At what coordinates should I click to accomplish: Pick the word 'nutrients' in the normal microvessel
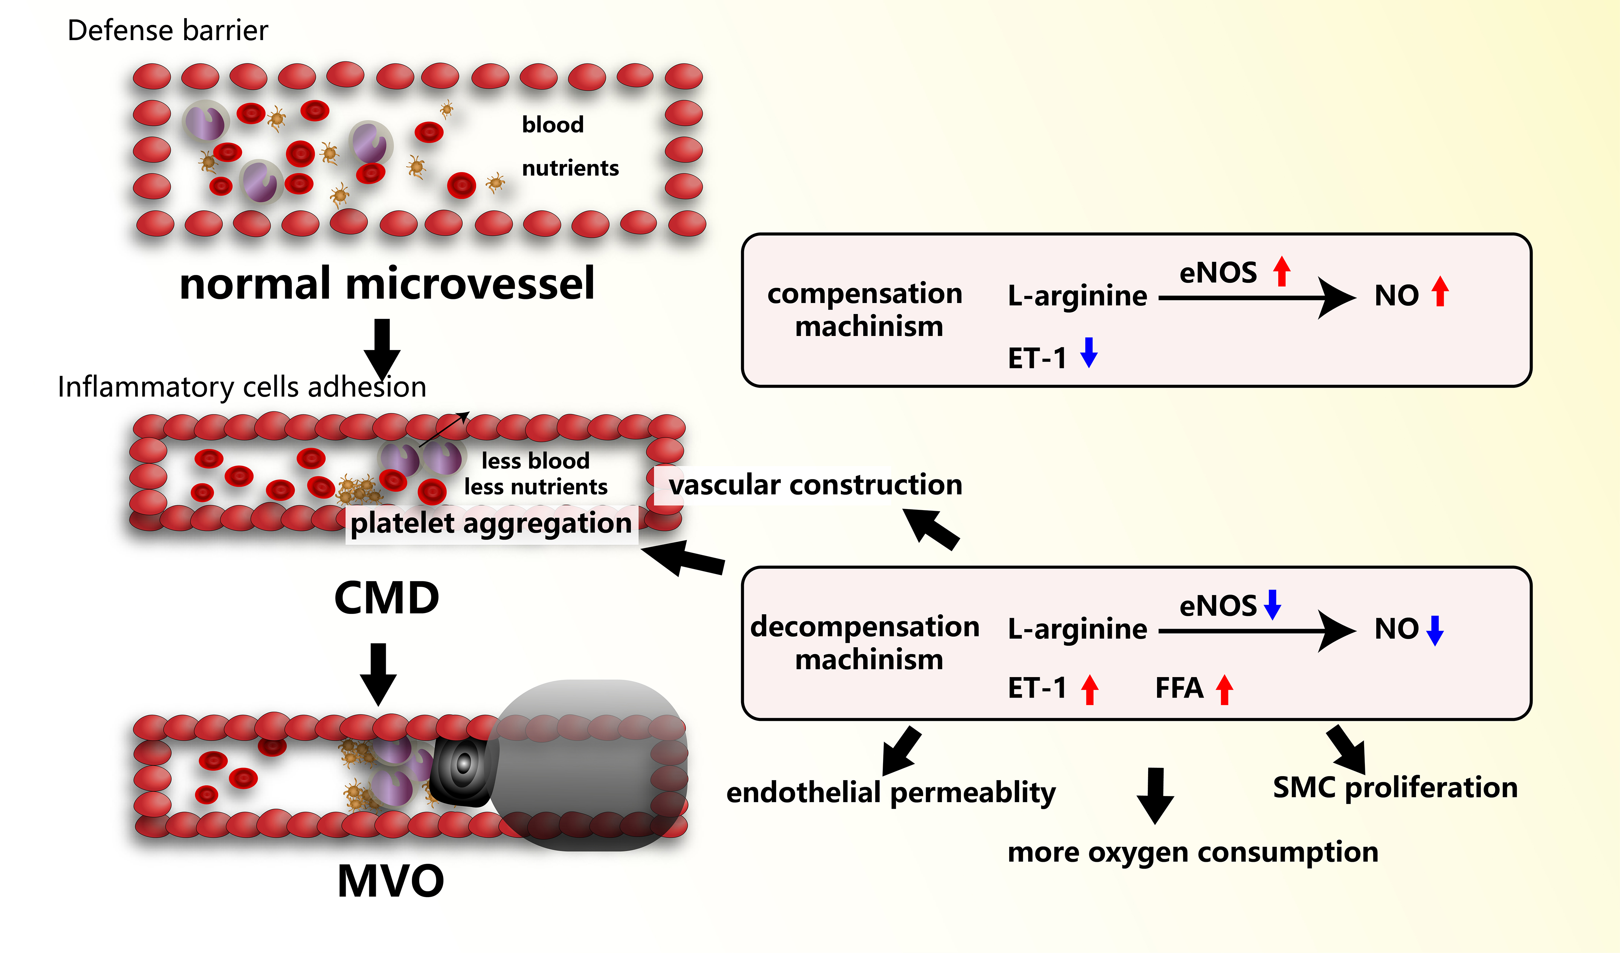point(570,168)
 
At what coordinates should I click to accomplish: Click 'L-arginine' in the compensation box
point(1077,295)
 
